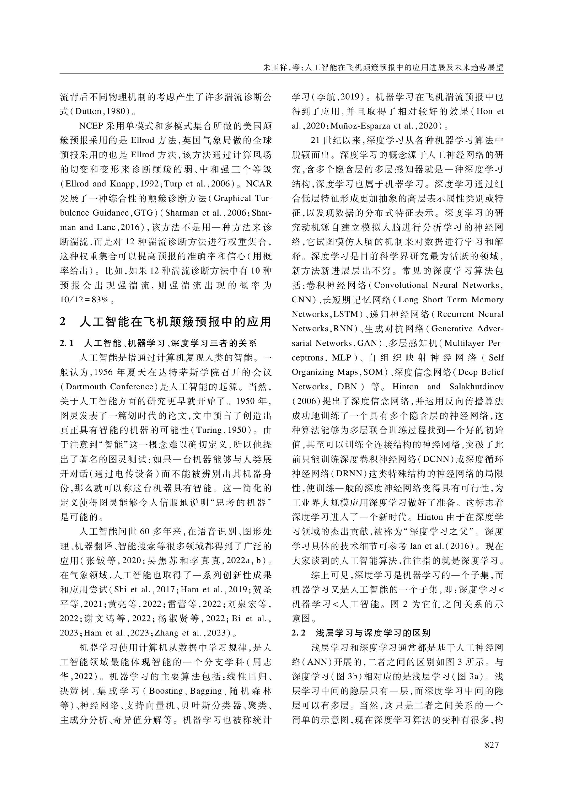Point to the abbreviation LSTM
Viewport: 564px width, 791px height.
point(346,314)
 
